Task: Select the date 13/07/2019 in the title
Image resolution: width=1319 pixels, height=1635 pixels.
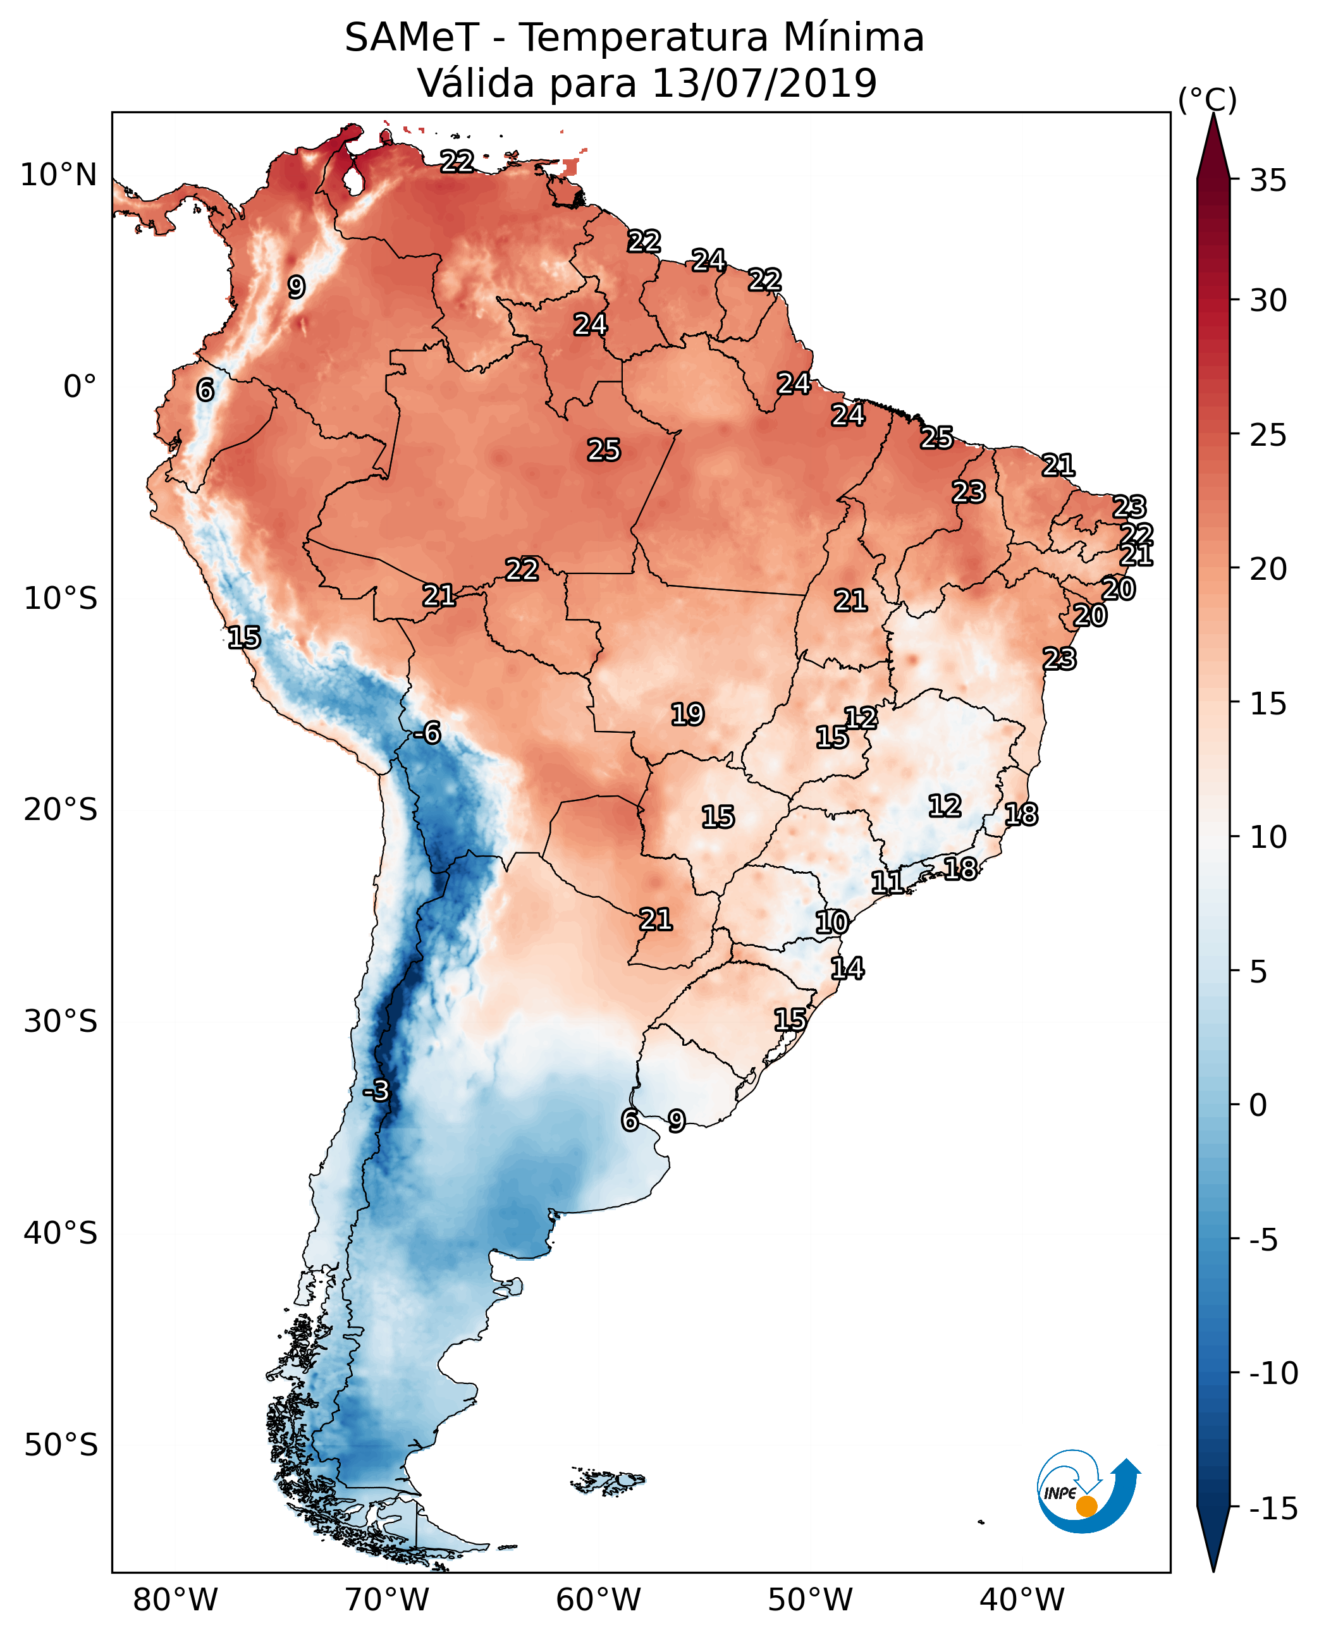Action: click(764, 83)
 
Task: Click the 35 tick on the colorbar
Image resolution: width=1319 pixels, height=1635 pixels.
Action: click(1268, 181)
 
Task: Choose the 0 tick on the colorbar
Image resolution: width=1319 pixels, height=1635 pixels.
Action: click(1258, 1105)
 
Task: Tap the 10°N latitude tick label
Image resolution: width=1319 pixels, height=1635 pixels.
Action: click(59, 176)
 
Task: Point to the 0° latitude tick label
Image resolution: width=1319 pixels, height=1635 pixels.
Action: click(80, 387)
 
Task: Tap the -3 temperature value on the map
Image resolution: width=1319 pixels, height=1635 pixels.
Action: click(376, 1091)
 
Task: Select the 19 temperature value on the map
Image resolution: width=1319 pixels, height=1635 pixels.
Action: click(687, 714)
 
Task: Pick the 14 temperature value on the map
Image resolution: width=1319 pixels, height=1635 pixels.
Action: click(847, 969)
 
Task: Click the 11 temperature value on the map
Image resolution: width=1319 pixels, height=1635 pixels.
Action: click(886, 883)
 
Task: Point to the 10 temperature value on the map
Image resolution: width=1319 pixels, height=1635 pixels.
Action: click(832, 923)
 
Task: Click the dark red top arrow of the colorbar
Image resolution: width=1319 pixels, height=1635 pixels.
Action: click(1213, 148)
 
